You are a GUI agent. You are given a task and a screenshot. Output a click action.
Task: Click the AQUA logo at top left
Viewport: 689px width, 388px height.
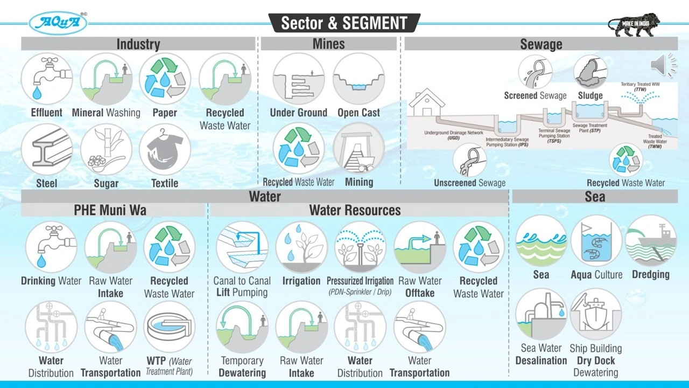58,23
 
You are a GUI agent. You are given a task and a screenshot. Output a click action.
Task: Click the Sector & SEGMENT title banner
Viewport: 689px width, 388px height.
344,23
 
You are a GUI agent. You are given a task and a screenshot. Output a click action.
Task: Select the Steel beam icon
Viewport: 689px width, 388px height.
47,149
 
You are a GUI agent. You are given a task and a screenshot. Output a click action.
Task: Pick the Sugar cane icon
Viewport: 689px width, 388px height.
106,149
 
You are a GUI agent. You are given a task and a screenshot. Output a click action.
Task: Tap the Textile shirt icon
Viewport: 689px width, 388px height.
165,149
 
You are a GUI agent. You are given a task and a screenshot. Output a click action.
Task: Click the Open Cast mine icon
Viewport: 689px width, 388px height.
358,79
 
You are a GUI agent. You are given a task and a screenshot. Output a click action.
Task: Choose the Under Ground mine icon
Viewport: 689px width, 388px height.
298,79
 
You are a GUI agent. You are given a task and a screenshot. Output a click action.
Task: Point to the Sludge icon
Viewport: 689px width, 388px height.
590,72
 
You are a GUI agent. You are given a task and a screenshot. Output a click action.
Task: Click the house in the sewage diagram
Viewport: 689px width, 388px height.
426,103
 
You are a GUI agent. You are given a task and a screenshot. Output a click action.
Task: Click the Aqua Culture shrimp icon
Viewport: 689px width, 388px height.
596,241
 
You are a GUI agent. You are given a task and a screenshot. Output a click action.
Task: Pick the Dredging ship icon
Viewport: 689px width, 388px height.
651,241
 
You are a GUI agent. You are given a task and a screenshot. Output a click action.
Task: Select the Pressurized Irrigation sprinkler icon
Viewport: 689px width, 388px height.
360,247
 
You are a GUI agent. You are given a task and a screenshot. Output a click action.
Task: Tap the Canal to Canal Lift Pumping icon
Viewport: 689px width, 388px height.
242,247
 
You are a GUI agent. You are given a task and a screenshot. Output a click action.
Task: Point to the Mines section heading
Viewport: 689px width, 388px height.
328,44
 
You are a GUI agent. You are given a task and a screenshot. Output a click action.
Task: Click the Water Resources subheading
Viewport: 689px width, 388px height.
355,210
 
